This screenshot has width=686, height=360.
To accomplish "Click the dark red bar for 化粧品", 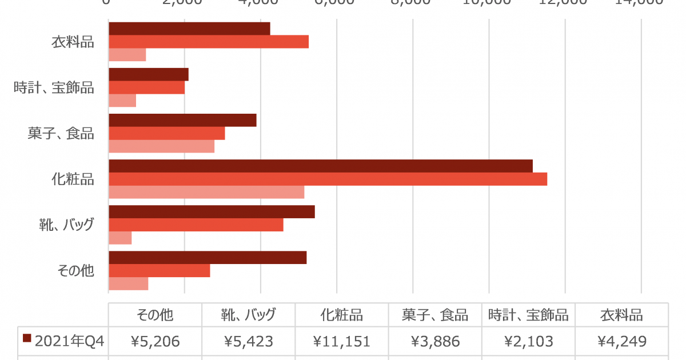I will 320,166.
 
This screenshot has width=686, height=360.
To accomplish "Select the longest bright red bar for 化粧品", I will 328,179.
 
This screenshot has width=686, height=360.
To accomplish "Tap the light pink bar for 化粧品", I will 206,192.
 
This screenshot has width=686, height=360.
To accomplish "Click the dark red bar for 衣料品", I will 189,29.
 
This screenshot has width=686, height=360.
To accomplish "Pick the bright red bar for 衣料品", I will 209,42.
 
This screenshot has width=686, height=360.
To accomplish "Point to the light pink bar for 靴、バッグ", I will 120,238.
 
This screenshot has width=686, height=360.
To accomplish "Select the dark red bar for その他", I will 208,257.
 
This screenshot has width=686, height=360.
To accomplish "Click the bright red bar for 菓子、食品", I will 166,133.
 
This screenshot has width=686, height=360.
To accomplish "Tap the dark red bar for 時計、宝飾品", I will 148,74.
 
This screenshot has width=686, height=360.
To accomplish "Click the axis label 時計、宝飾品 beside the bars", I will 54,87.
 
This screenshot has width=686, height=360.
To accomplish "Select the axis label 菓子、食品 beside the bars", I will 61,133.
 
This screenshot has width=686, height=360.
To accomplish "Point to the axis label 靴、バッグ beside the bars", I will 62,224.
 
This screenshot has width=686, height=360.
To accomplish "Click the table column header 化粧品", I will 342,315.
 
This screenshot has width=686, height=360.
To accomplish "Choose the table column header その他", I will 155,315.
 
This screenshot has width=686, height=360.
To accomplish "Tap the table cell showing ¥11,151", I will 342,342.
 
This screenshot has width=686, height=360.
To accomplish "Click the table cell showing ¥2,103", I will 528,342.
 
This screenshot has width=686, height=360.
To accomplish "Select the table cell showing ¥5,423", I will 249,342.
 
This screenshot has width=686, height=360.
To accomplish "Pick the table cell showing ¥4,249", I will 622,342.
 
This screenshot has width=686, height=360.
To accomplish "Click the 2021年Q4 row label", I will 69,342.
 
